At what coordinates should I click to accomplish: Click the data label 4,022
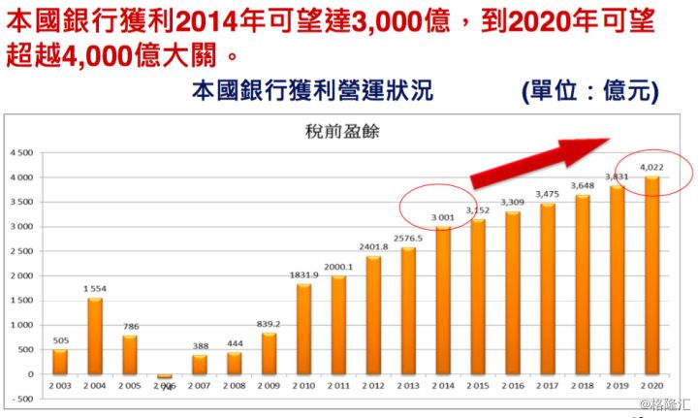click(651, 167)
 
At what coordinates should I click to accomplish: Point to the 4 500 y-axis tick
click(20, 153)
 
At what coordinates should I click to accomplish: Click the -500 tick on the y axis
click(21, 399)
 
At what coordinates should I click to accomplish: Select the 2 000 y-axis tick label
click(20, 276)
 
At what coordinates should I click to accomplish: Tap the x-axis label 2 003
click(59, 387)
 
